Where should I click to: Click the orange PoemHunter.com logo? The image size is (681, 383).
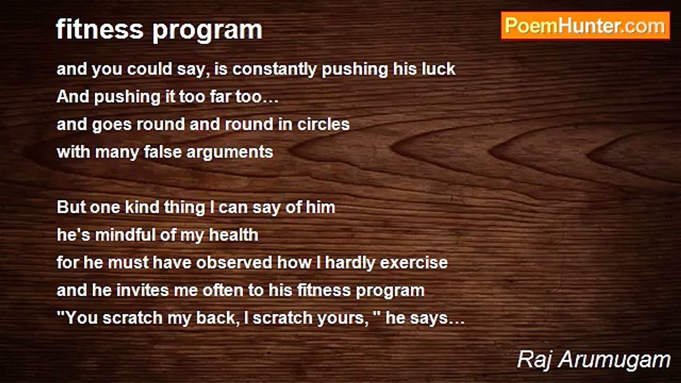[x=585, y=26]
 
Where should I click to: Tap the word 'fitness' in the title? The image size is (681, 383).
[x=99, y=29]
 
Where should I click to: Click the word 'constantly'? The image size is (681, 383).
[x=275, y=69]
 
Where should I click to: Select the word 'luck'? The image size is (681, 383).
[x=438, y=69]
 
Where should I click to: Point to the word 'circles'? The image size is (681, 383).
[x=323, y=124]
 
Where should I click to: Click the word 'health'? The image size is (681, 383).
[x=234, y=235]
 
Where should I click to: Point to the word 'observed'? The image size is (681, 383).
[x=234, y=262]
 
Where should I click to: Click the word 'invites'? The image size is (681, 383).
[x=142, y=290]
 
